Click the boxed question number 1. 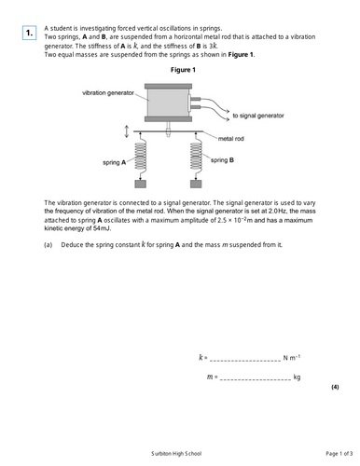coord(29,34)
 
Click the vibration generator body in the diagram coord(168,103)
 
